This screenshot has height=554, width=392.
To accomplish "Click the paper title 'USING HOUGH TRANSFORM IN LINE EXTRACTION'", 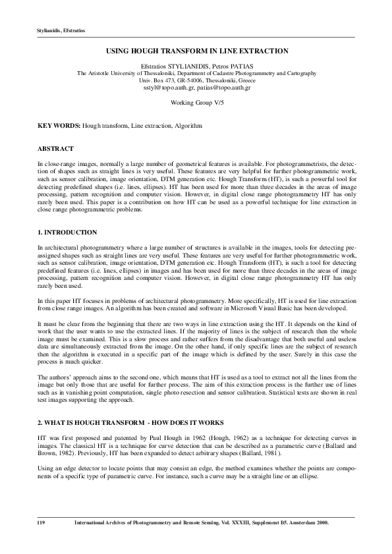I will pyautogui.click(x=196, y=50).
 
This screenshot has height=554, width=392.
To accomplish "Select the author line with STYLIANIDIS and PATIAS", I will pyautogui.click(x=196, y=67).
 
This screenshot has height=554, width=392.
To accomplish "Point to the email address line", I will pyautogui.click(x=196, y=87).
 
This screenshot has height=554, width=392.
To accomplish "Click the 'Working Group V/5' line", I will pyautogui.click(x=196, y=103).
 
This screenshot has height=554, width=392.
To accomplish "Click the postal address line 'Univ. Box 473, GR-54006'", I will pyautogui.click(x=196, y=80).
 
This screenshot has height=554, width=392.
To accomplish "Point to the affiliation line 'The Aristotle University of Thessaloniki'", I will pyautogui.click(x=196, y=74).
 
